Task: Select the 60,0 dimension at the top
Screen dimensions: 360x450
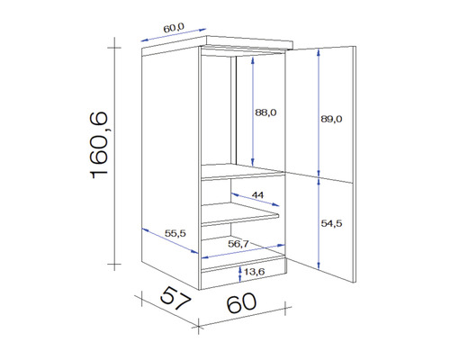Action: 175,27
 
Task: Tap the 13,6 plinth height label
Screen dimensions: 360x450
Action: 254,271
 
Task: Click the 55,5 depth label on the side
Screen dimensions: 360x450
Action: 175,234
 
